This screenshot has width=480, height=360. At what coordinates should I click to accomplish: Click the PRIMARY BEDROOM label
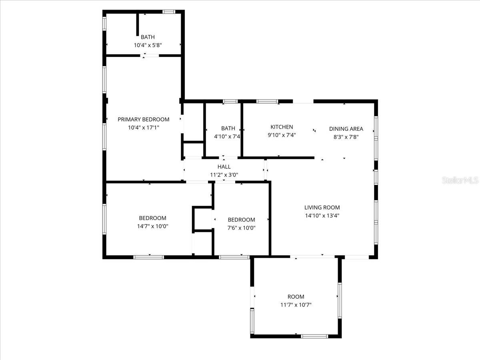pos(143,119)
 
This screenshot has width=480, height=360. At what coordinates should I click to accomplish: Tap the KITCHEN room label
pos(282,127)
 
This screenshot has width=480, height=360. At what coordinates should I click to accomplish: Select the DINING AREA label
pos(346,129)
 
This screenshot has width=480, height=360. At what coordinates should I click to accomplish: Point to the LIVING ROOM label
pos(322,207)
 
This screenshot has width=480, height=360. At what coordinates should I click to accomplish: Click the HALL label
pos(224,166)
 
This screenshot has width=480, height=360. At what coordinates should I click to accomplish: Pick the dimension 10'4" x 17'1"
pos(143,128)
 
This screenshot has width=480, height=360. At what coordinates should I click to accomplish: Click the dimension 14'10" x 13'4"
pos(322,216)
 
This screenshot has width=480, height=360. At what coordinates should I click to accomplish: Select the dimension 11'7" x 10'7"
pos(296,305)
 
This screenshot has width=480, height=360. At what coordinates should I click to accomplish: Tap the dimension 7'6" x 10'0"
pos(241,228)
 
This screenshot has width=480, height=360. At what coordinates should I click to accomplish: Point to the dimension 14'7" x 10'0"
pos(152,226)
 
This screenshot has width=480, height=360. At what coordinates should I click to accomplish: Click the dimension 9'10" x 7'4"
pos(282,135)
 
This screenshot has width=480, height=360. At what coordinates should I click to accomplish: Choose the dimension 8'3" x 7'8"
pos(346,137)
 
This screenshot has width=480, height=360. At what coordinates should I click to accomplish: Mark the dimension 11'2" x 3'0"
pos(224,175)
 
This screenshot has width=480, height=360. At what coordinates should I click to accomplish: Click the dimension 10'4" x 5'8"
pos(148,45)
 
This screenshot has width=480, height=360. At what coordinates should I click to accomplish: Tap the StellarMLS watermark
pos(460,181)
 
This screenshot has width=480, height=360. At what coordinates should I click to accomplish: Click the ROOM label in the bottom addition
pos(296,296)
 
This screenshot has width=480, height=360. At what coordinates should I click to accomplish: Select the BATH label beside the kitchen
pos(228,128)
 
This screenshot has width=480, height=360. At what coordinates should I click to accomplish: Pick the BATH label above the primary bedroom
pos(148,37)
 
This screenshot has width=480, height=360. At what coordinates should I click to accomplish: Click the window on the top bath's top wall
pos(168,12)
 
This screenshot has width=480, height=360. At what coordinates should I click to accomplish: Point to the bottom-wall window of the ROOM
pos(314,336)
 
